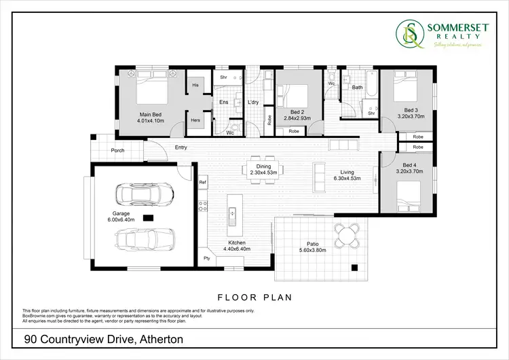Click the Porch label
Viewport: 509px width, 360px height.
(118, 150)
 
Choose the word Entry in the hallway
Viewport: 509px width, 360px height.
(181, 147)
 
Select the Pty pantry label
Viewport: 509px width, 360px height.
(206, 257)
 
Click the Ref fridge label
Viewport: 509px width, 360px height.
(203, 182)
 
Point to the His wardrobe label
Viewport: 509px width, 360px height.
(195, 85)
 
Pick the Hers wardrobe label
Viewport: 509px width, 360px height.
(195, 120)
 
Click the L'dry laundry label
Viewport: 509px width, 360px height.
(254, 103)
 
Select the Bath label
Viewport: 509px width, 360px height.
(357, 87)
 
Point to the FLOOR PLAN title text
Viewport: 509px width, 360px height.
(254, 297)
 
